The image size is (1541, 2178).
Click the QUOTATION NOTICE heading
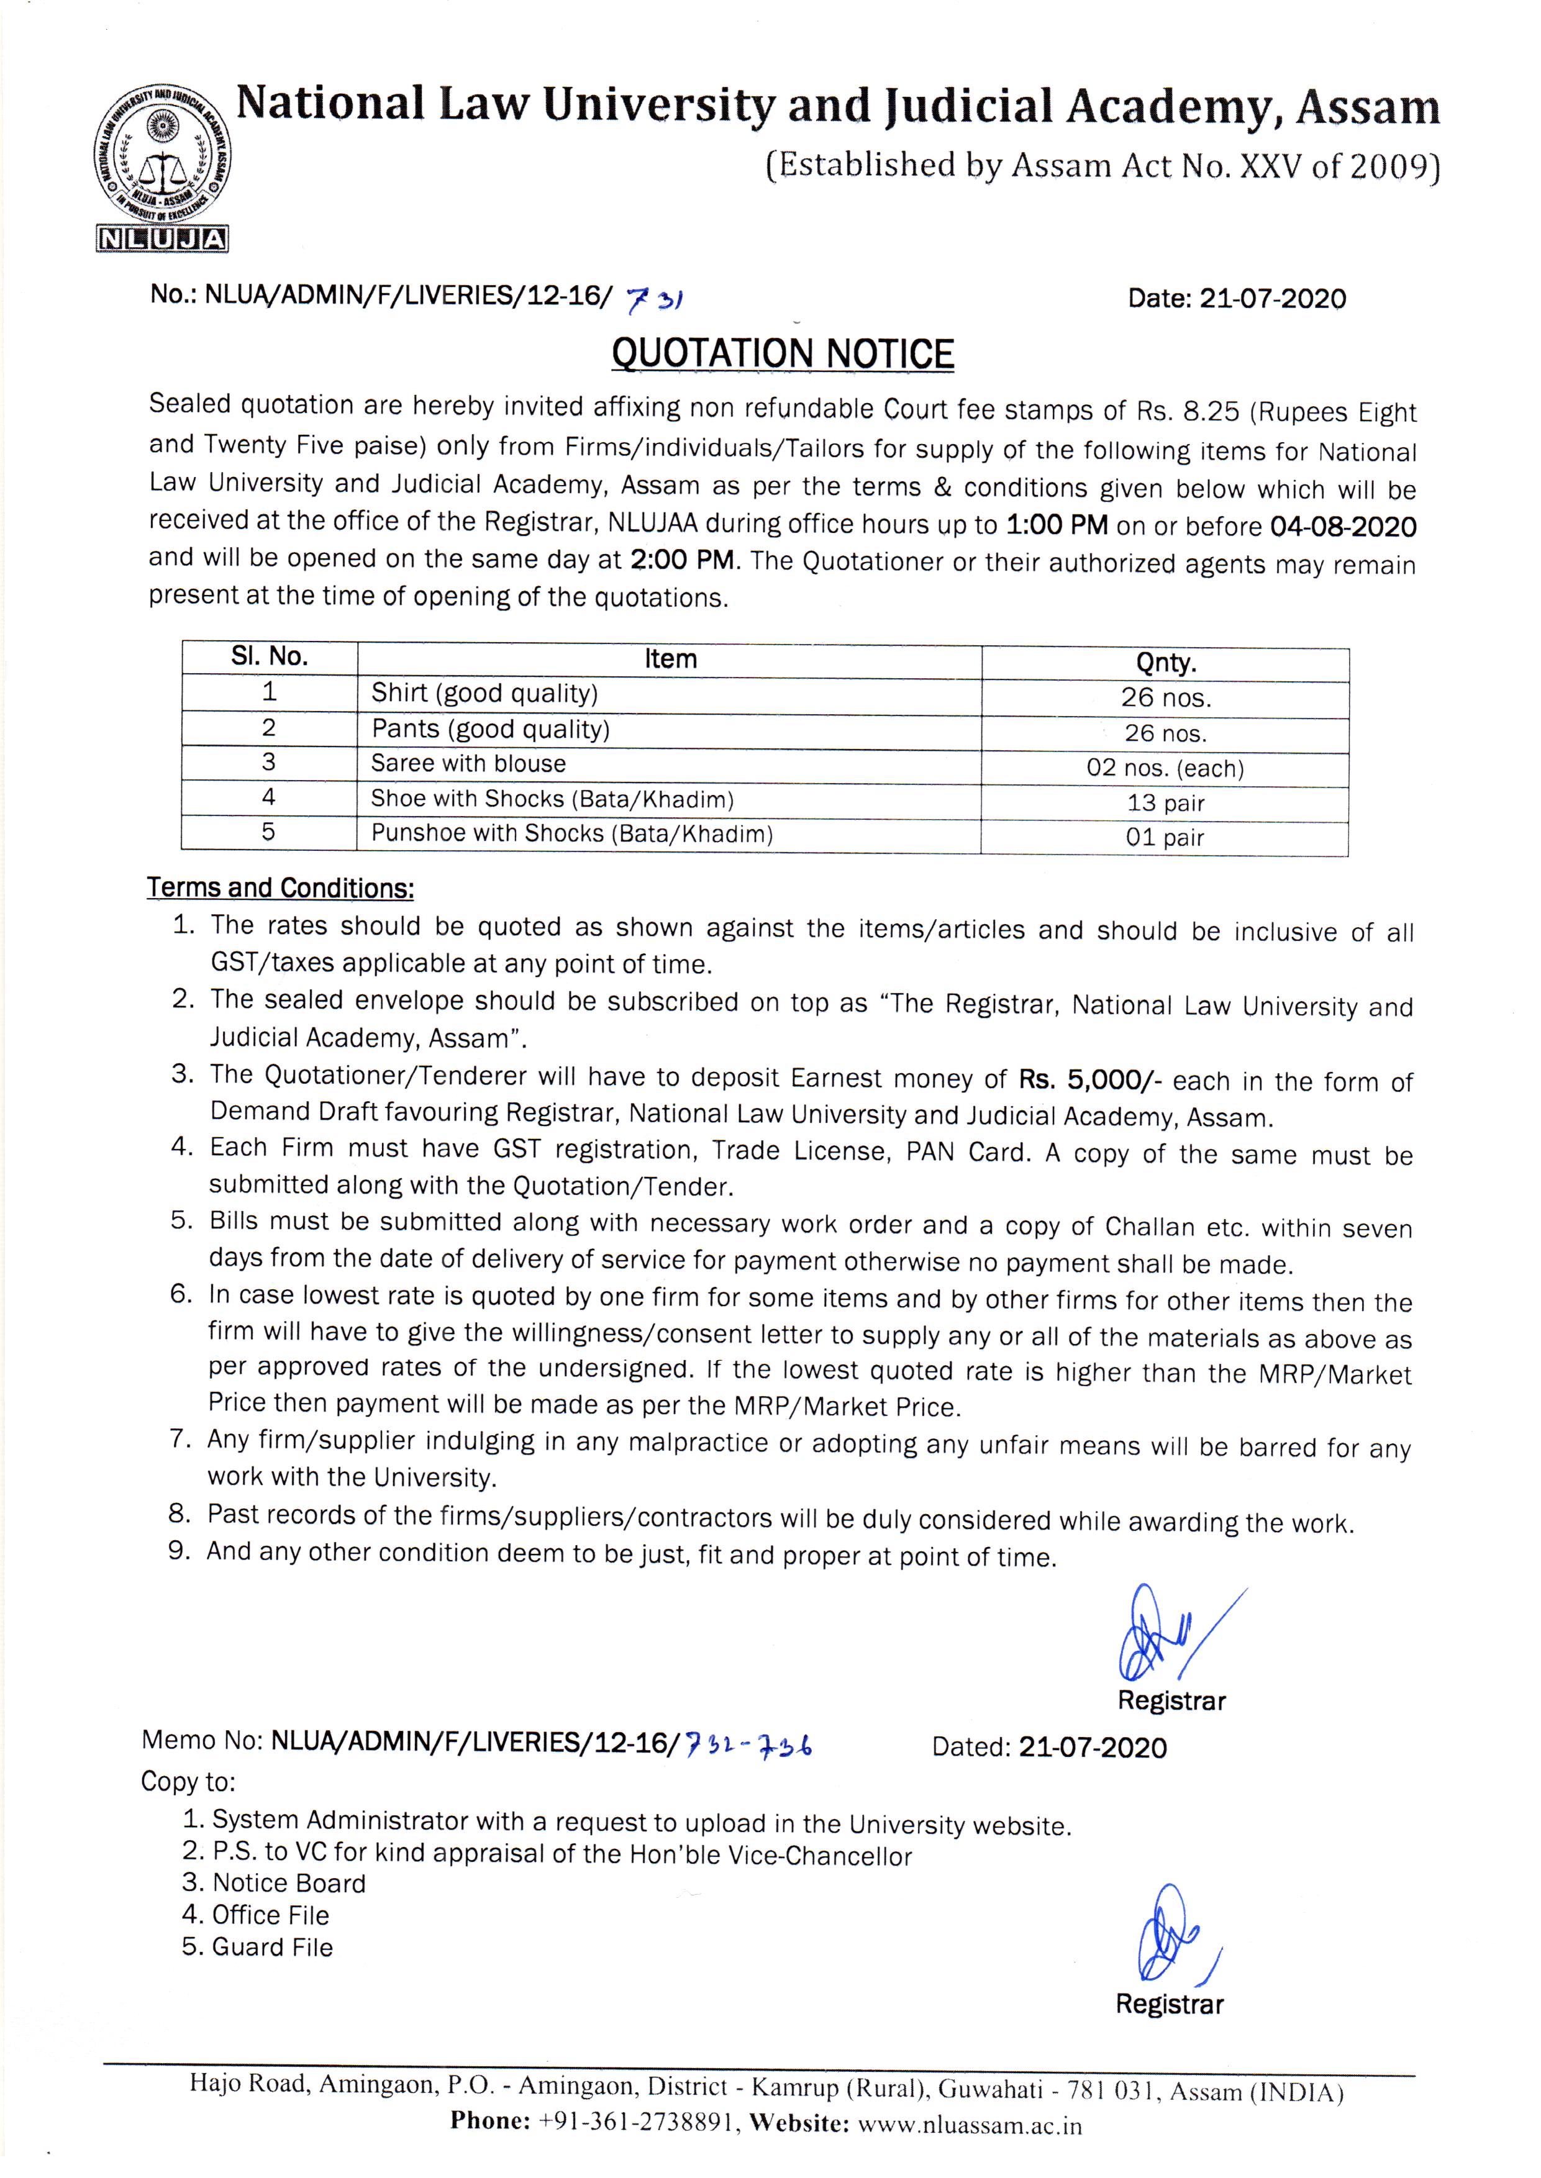(782, 354)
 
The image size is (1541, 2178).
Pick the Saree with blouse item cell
(469, 764)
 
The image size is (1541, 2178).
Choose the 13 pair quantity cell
(1165, 802)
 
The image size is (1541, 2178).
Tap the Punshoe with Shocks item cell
(571, 834)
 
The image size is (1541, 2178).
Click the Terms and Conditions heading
(280, 888)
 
